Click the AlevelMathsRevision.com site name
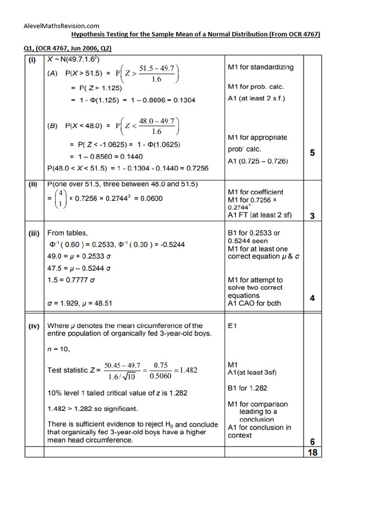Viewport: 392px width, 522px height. point(62,25)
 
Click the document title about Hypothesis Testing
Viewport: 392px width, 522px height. point(195,34)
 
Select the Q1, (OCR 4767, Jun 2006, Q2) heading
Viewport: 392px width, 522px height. point(67,48)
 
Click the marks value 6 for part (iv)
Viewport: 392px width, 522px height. point(312,441)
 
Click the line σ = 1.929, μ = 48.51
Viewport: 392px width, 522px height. point(80,303)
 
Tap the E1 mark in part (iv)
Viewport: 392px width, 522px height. point(232,326)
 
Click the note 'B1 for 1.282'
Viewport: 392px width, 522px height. point(247,388)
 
